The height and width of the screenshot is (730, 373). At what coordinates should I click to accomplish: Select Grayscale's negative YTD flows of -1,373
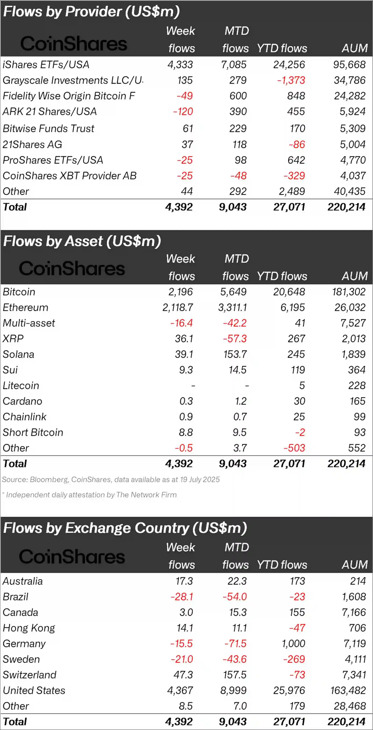point(291,80)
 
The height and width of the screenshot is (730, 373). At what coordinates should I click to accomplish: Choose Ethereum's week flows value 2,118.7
point(178,307)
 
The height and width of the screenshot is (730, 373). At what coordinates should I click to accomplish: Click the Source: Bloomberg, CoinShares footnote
point(111,480)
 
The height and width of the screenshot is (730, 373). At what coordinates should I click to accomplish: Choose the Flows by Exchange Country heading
point(125,528)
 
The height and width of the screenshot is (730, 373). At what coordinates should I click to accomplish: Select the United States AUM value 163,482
point(348,690)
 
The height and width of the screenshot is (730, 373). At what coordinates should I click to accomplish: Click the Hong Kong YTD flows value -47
point(297,628)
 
